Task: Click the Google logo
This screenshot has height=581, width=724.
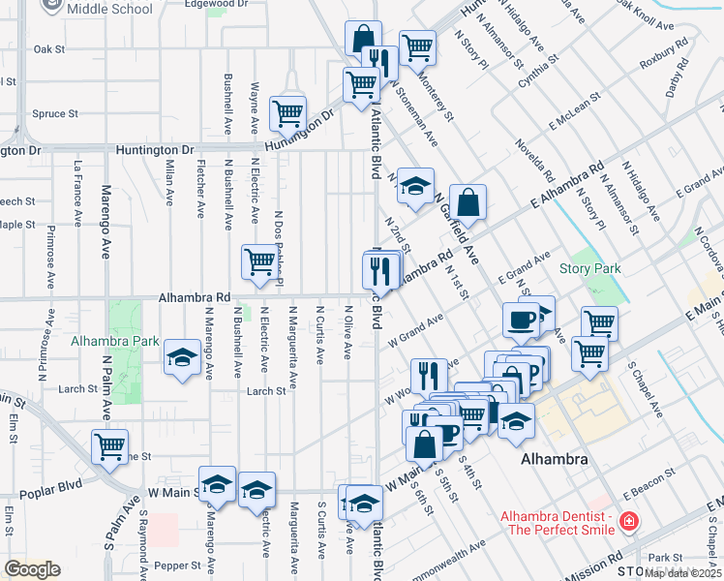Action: tap(32, 569)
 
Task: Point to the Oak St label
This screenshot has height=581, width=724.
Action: tap(48, 48)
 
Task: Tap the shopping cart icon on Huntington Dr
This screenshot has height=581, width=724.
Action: tap(288, 114)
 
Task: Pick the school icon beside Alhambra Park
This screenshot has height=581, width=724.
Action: tap(182, 357)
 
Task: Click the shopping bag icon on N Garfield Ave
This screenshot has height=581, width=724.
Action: tap(468, 202)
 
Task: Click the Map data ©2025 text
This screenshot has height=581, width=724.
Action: tap(683, 573)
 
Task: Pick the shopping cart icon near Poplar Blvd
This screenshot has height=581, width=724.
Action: tap(109, 446)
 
